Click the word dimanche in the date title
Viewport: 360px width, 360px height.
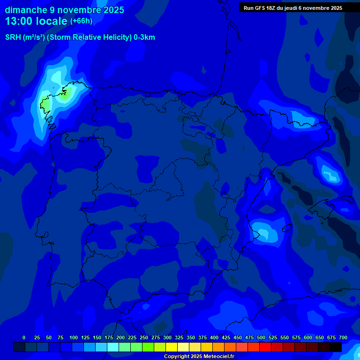tap(26, 10)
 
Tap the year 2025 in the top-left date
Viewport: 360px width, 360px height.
tap(112, 10)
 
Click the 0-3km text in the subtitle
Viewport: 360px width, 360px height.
tap(144, 37)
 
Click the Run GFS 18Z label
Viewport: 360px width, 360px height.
tap(260, 8)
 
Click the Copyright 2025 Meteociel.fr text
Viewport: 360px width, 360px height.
tap(199, 357)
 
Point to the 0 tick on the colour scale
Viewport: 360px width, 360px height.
tap(24, 337)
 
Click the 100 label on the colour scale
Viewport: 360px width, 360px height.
tap(73, 337)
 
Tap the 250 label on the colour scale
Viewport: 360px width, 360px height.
tap(143, 337)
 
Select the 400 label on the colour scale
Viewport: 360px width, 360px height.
tap(214, 337)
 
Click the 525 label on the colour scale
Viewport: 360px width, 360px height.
tap(273, 337)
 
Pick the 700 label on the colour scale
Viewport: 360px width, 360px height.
tap(343, 337)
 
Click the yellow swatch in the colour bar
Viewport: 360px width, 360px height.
tap(172, 347)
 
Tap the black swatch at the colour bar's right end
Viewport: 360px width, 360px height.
tap(336, 347)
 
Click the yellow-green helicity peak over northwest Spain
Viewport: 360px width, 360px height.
tap(46, 102)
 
